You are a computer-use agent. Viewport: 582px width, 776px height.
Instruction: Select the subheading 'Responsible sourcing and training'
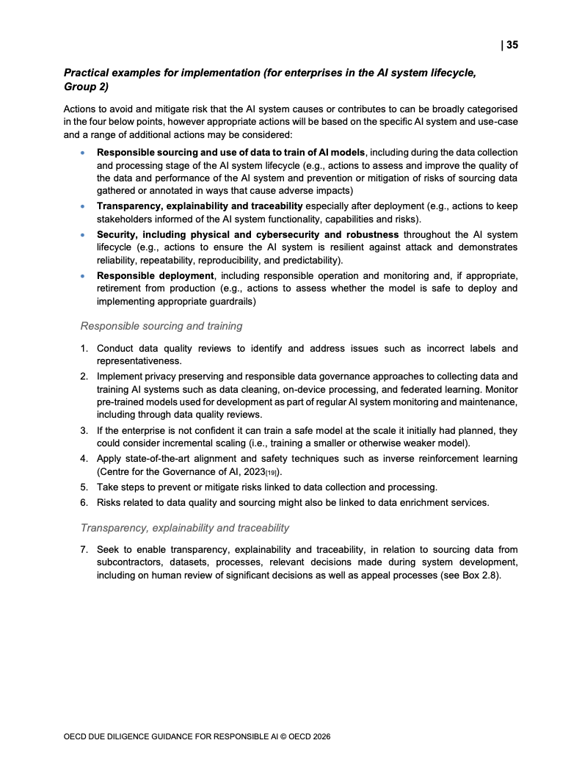click(161, 326)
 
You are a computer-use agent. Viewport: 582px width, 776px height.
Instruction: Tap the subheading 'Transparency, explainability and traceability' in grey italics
click(185, 527)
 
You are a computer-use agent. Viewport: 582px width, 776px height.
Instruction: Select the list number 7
click(84, 549)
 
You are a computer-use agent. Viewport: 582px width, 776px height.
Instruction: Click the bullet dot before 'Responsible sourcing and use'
click(82, 152)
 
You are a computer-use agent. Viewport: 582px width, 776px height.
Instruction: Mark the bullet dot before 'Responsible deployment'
click(82, 275)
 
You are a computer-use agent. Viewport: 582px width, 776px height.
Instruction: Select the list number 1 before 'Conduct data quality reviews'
click(84, 348)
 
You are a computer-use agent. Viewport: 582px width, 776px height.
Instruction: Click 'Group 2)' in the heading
click(86, 87)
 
